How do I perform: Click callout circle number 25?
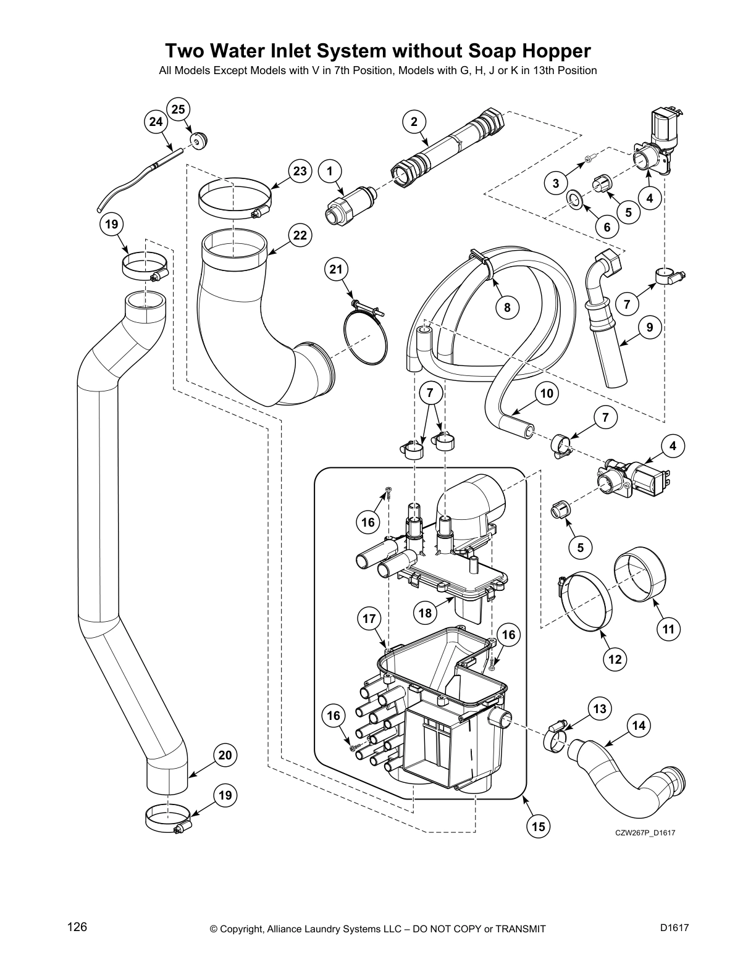[x=178, y=109]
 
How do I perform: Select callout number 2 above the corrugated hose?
[x=414, y=122]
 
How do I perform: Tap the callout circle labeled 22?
[x=300, y=235]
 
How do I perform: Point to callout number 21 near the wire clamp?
[x=335, y=269]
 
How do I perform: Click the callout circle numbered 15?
[x=539, y=826]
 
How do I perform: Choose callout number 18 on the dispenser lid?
[x=425, y=613]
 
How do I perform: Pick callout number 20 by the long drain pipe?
[x=225, y=755]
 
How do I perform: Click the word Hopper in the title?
[x=556, y=50]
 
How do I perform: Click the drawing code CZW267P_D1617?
[x=645, y=833]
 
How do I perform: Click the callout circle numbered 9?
[x=650, y=328]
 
